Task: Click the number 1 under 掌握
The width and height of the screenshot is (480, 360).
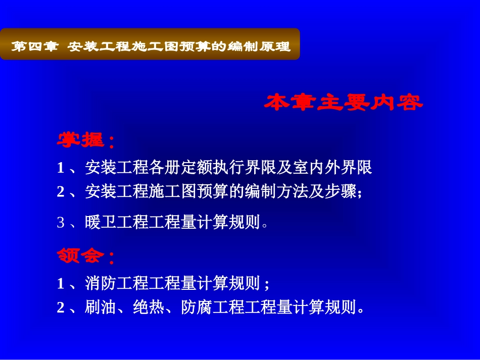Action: click(x=61, y=168)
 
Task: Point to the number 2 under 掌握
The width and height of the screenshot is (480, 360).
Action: click(x=61, y=192)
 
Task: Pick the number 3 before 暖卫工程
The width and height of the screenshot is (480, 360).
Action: click(x=61, y=222)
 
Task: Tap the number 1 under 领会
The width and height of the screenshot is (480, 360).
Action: click(x=61, y=284)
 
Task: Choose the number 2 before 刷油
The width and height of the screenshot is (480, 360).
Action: click(x=61, y=307)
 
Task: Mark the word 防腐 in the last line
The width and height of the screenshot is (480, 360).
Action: click(x=197, y=307)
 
